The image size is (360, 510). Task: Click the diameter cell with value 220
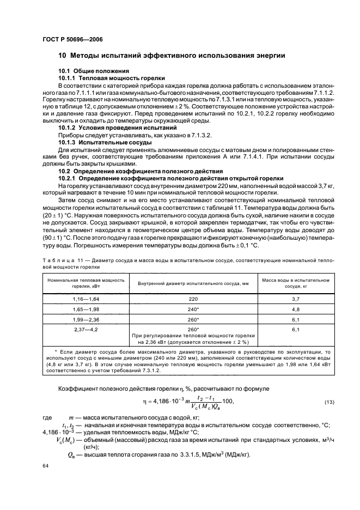193,300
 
